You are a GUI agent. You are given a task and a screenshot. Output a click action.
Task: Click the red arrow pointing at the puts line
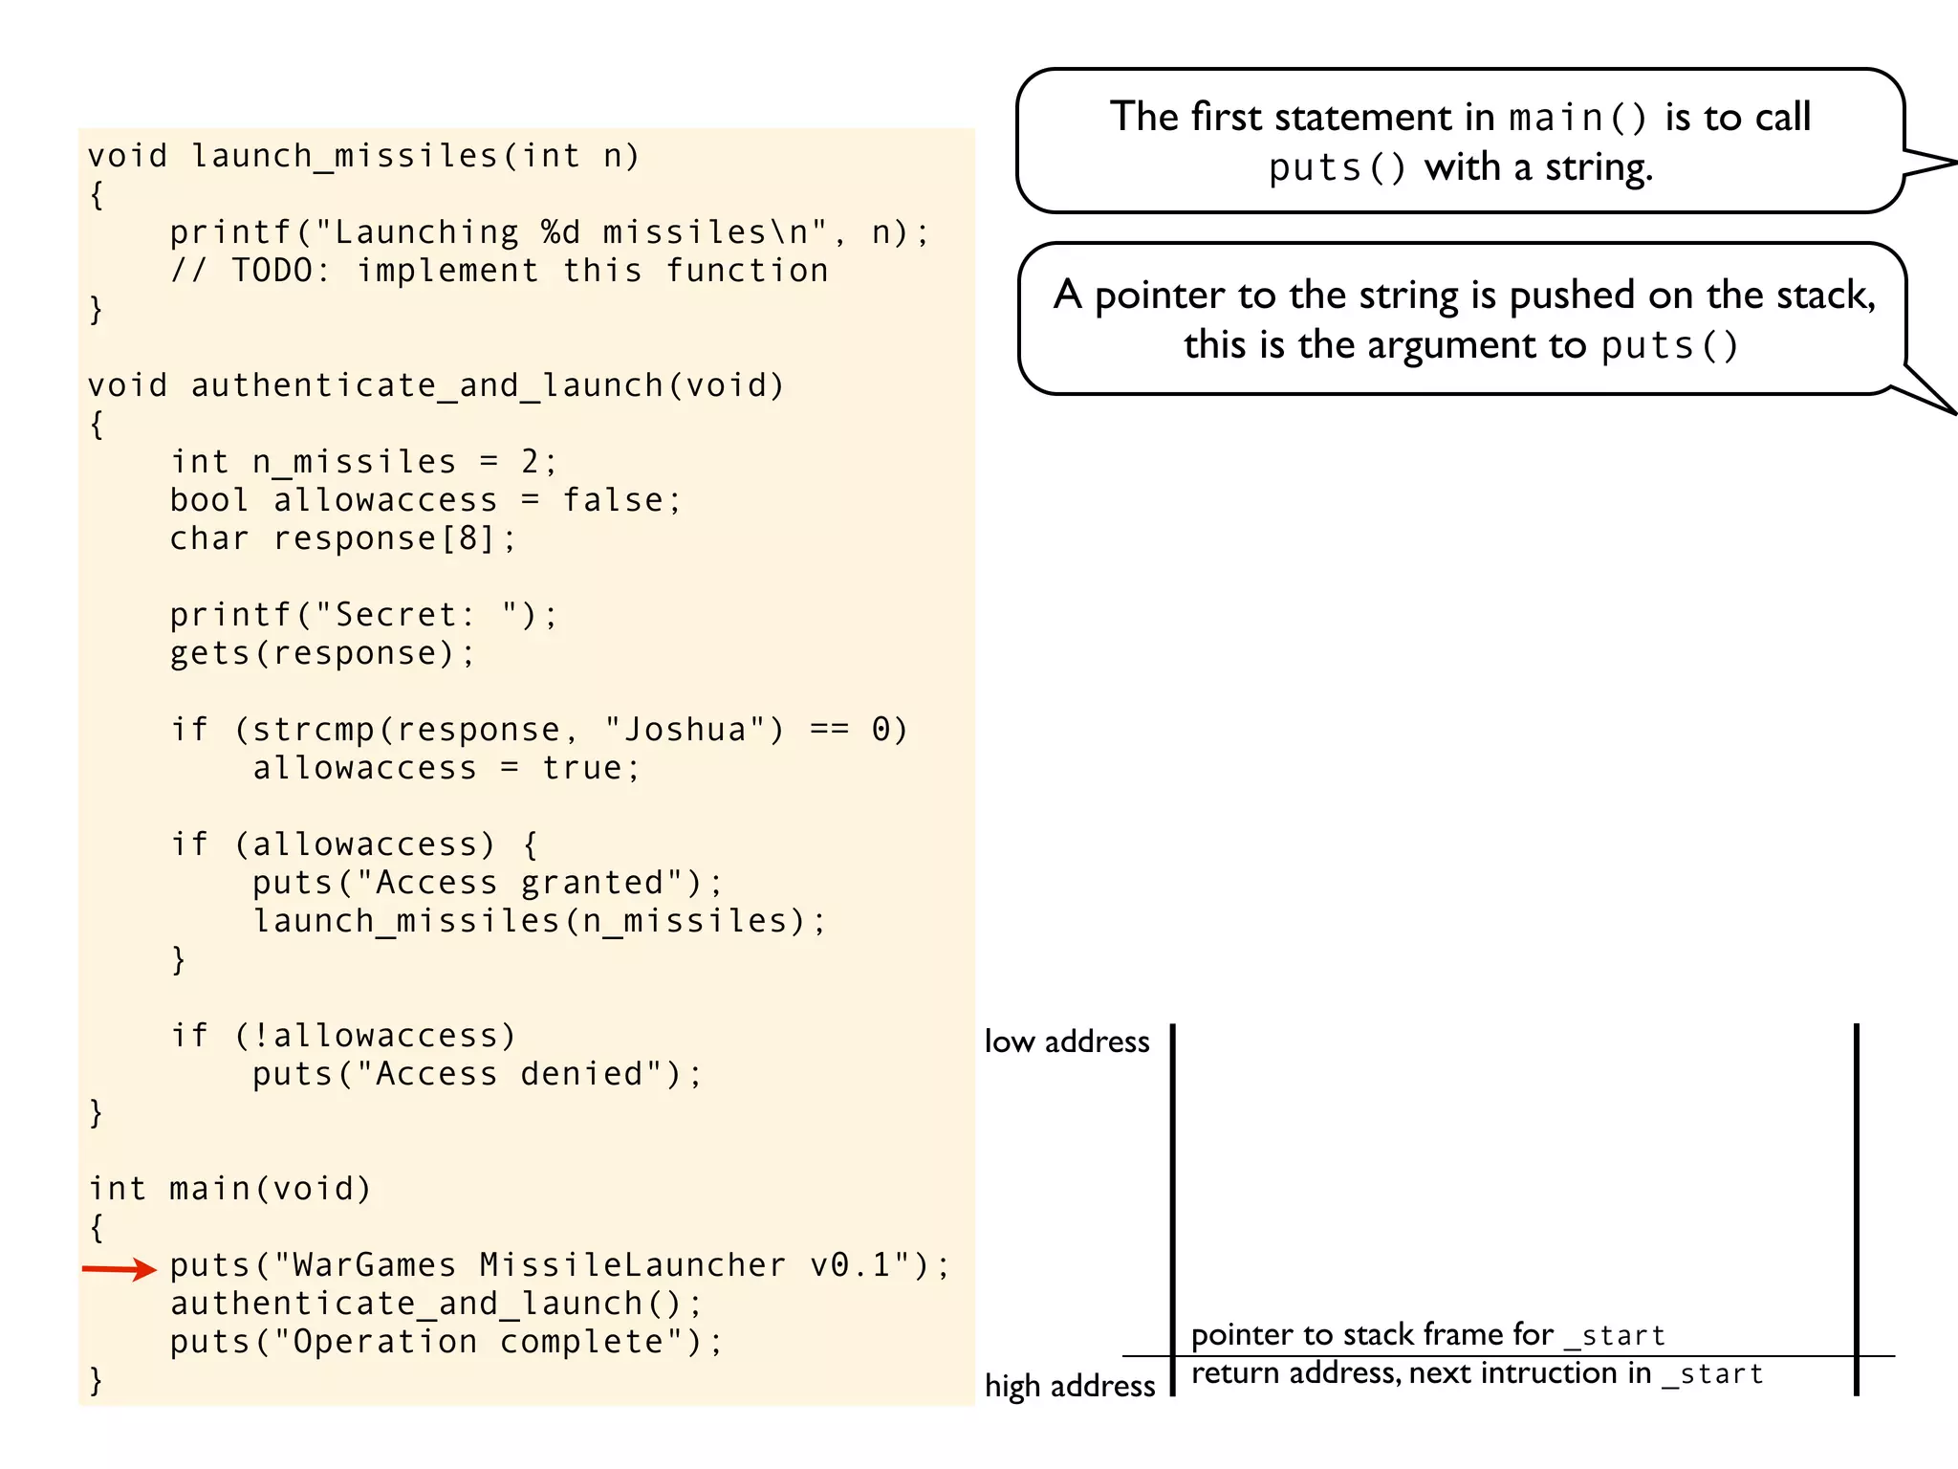119,1269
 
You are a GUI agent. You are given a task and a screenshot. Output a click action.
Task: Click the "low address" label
1067,1041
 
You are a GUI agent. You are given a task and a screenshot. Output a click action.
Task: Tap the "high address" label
1070,1386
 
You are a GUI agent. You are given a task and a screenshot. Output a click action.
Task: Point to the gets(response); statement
322,653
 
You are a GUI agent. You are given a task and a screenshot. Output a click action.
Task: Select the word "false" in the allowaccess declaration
613,500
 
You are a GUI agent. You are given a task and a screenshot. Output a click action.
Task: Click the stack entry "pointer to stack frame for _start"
1428,1335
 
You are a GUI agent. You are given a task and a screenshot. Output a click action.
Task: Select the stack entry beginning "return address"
1477,1373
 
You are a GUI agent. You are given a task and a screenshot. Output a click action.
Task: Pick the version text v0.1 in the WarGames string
851,1265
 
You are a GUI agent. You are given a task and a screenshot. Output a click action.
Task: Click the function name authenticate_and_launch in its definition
426,385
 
